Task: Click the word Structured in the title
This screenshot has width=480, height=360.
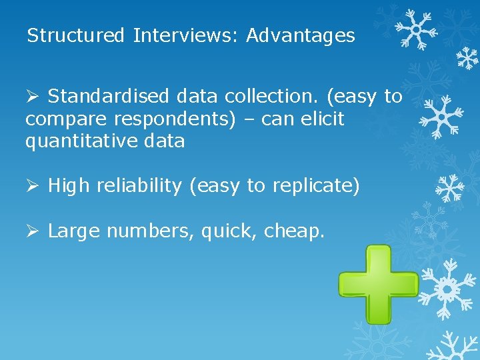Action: pyautogui.click(x=75, y=35)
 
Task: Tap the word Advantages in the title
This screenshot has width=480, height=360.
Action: pyautogui.click(x=301, y=35)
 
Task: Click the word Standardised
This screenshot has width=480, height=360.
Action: pyautogui.click(x=109, y=97)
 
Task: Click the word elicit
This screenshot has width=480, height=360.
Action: pyautogui.click(x=322, y=119)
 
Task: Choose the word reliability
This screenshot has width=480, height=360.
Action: pyautogui.click(x=139, y=187)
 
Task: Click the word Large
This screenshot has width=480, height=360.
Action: pyautogui.click(x=74, y=231)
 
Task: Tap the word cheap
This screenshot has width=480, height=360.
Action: pyautogui.click(x=294, y=232)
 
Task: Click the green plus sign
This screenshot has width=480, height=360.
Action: pyautogui.click(x=377, y=284)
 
